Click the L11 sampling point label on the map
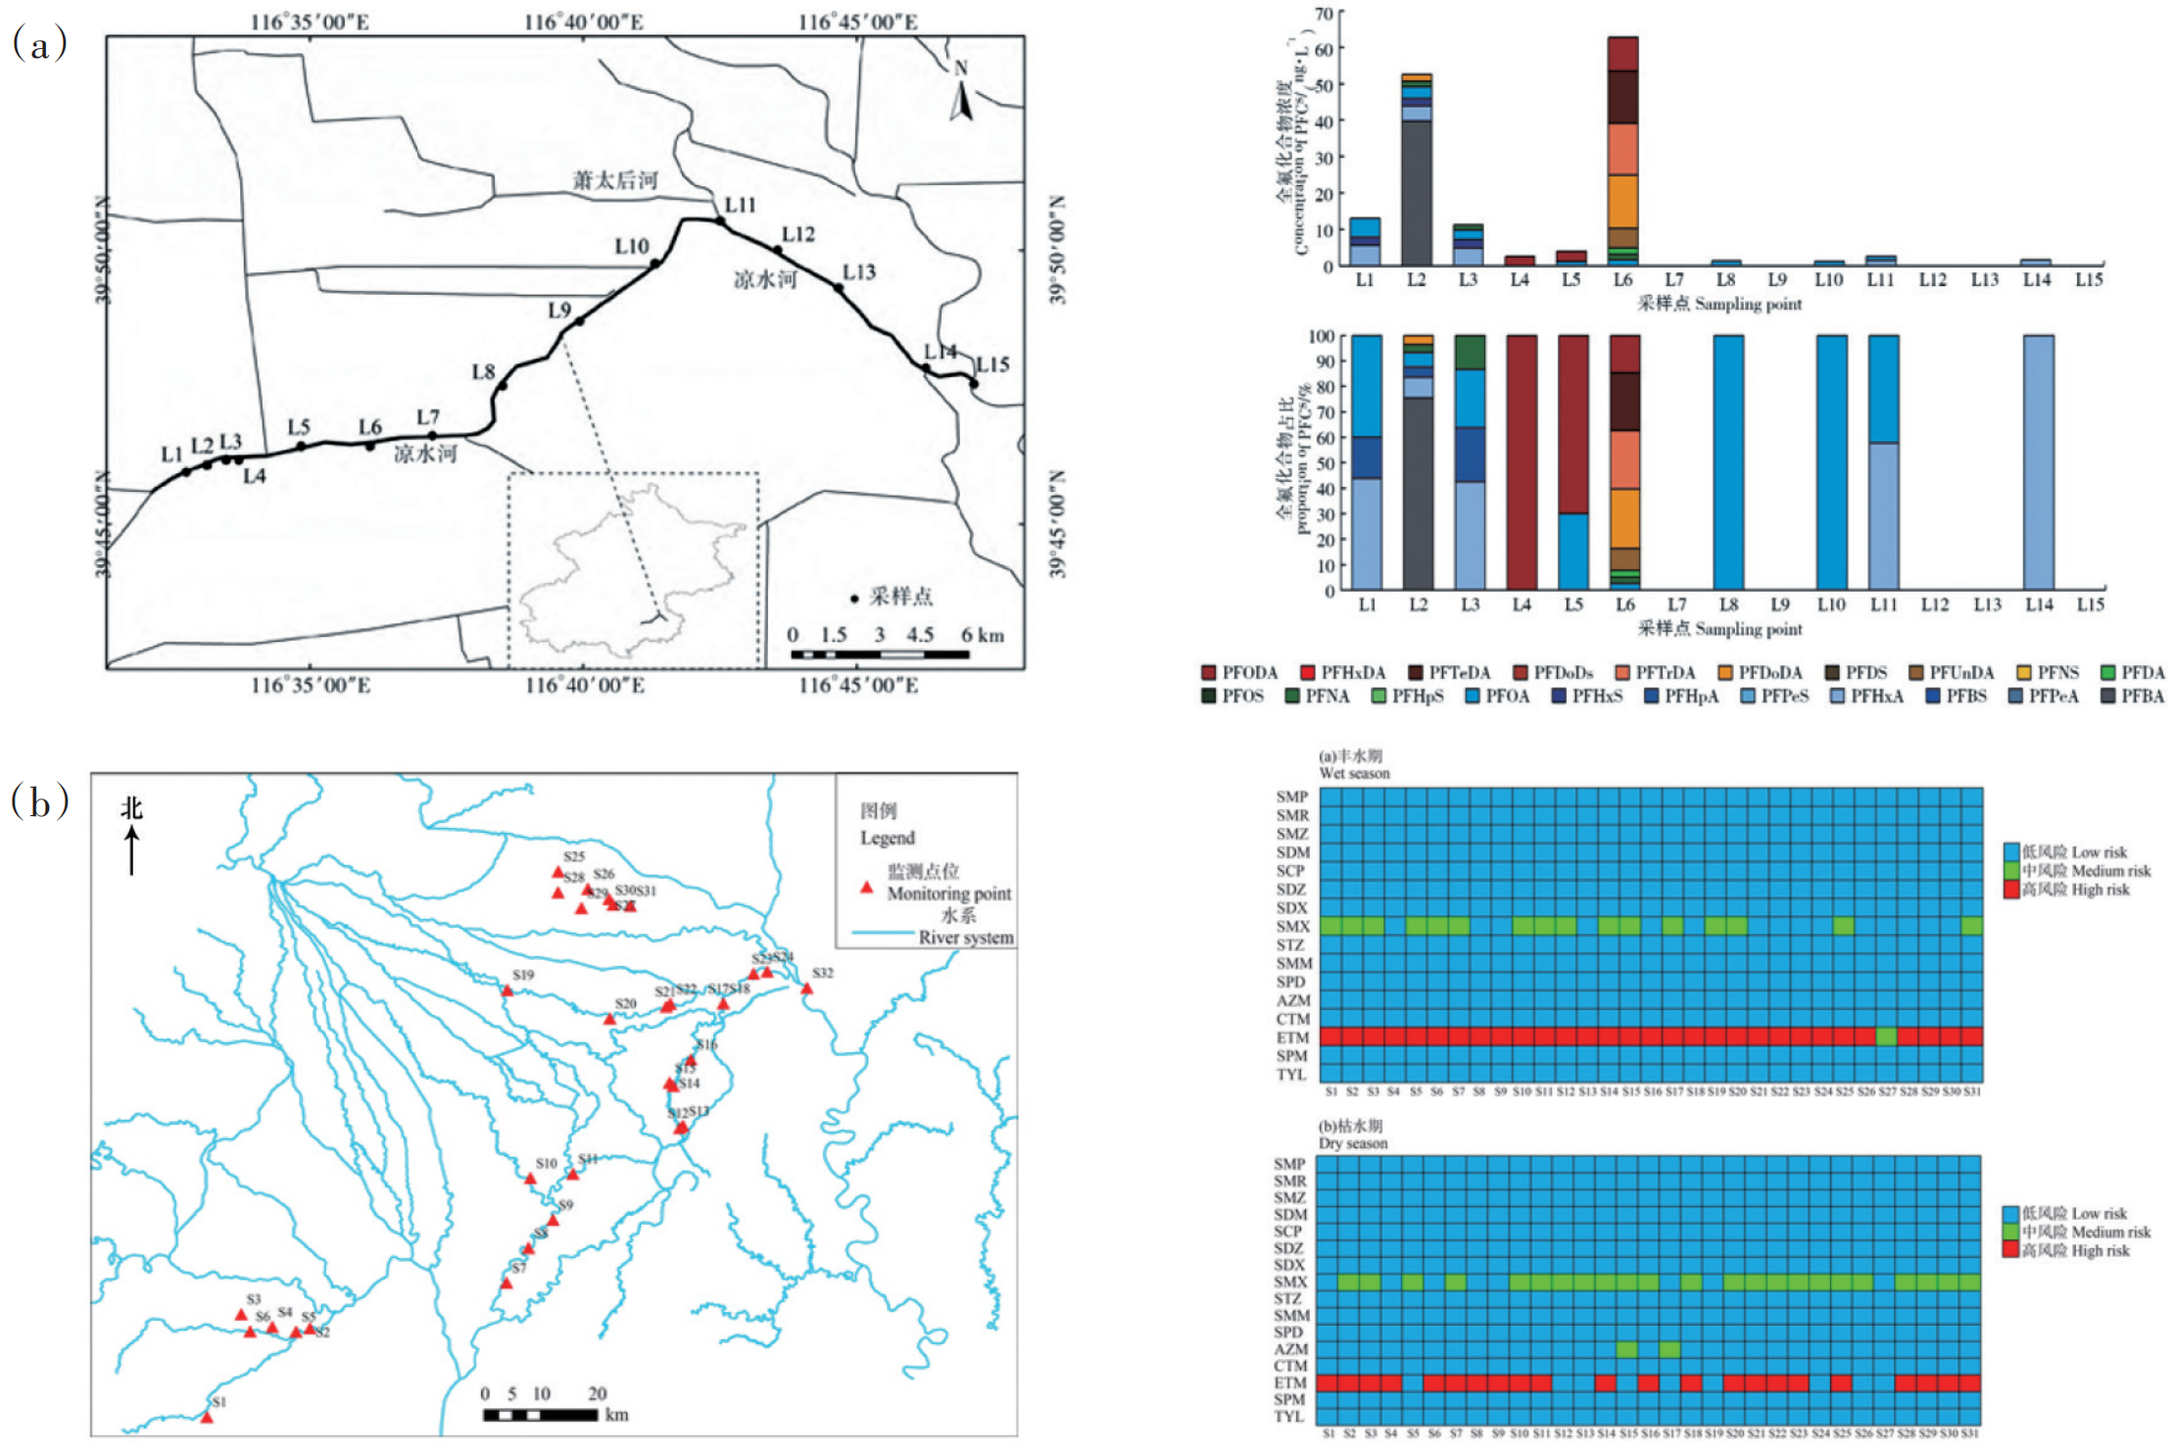(x=740, y=205)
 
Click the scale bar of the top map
(x=879, y=653)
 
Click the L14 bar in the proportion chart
(x=2038, y=461)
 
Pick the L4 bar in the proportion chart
(x=1521, y=461)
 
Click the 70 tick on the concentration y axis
(x=1324, y=13)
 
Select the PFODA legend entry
(x=1239, y=673)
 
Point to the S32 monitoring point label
(x=822, y=973)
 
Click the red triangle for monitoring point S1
(x=207, y=1417)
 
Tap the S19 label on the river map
(x=523, y=976)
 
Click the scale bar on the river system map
(x=540, y=1415)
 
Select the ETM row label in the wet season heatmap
(x=1292, y=1038)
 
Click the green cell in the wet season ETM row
(x=1886, y=1037)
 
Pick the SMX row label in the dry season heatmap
(x=1290, y=1282)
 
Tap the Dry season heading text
(x=1352, y=1143)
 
